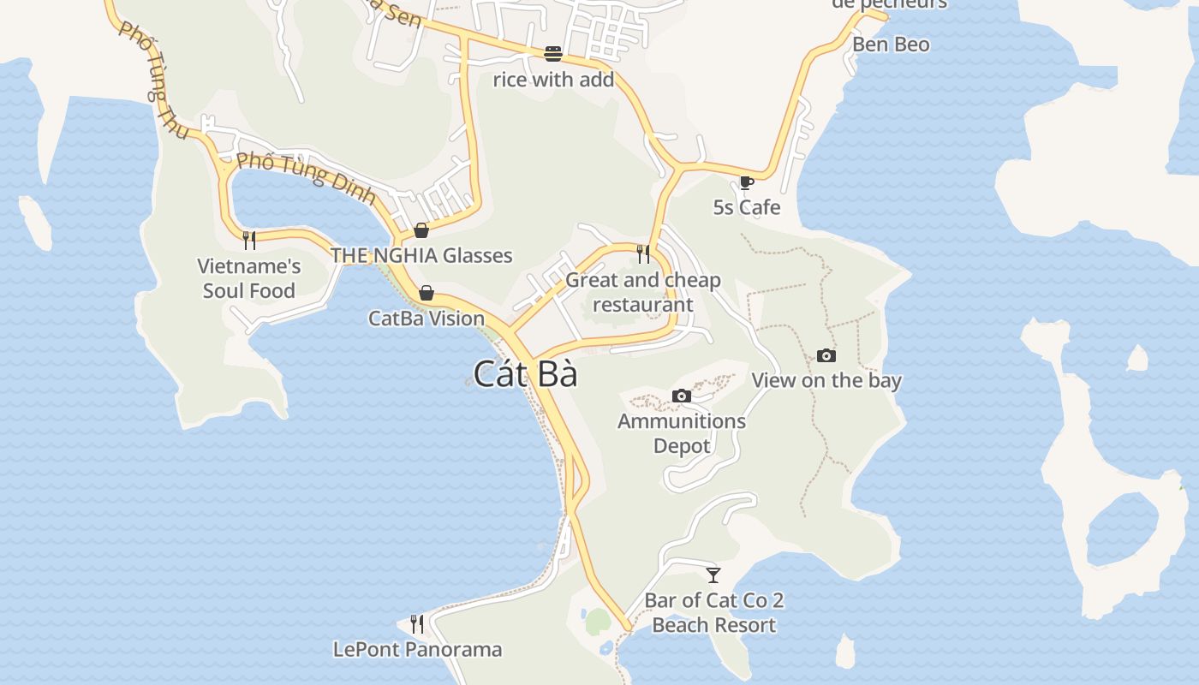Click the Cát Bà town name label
(x=525, y=374)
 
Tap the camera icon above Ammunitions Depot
(x=682, y=396)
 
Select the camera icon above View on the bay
(x=826, y=355)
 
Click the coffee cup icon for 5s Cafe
(x=746, y=182)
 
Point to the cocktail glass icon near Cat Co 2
(x=713, y=575)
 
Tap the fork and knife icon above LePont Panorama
(x=417, y=623)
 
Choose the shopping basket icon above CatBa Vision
(x=427, y=294)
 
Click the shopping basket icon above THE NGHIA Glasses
(x=421, y=229)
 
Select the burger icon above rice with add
(x=553, y=54)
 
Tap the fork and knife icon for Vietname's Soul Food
(x=249, y=240)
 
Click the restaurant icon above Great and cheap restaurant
(x=643, y=254)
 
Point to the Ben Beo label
(x=891, y=45)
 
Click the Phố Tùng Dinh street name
(x=306, y=177)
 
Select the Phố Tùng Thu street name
(x=152, y=80)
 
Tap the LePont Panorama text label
(x=417, y=649)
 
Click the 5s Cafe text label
(x=747, y=207)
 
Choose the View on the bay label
(x=826, y=380)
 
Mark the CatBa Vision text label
(x=427, y=319)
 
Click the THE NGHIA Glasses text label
(x=421, y=255)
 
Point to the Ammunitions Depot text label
(x=682, y=433)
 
